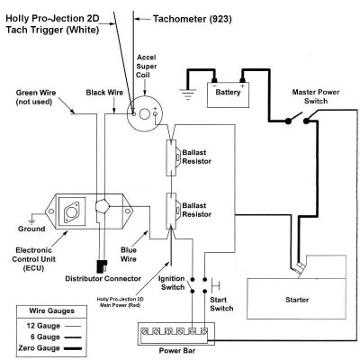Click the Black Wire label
pyautogui.click(x=104, y=92)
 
